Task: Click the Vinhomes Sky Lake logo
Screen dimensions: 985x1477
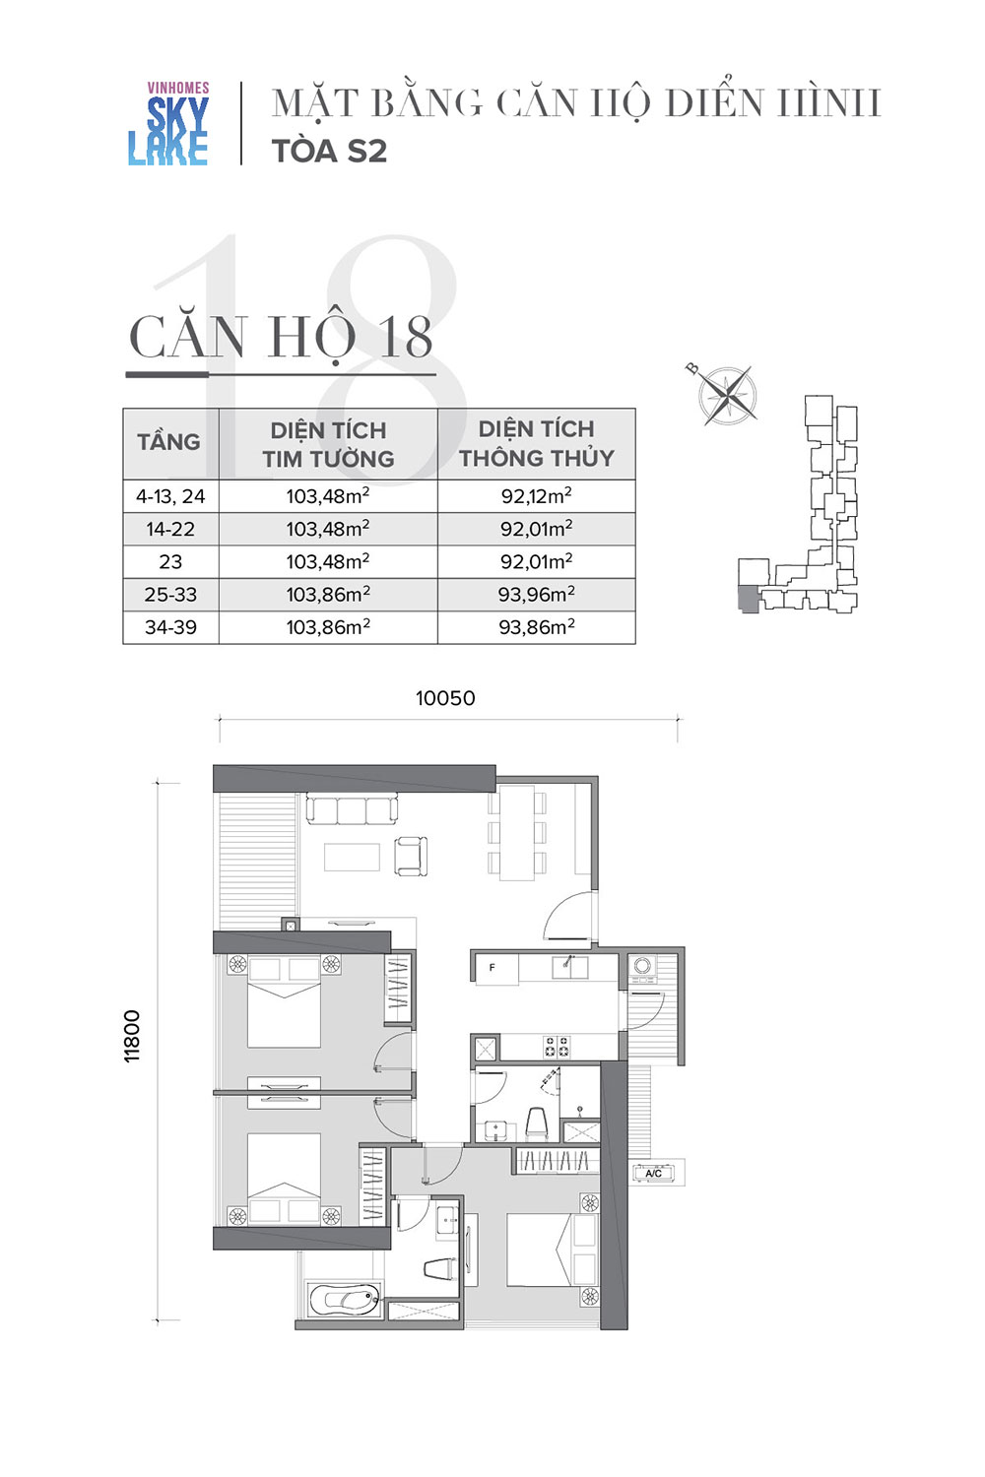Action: point(168,123)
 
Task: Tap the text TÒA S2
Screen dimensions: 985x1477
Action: point(329,152)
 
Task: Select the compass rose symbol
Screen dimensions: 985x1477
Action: point(726,394)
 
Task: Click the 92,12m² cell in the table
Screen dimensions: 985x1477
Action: point(537,496)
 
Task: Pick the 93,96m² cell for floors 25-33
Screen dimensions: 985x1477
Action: point(537,595)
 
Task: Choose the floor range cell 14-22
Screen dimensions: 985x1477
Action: point(170,529)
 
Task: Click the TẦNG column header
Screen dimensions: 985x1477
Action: point(168,442)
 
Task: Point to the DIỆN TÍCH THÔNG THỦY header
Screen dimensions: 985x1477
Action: point(537,443)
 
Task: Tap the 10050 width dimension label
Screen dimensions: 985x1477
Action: point(445,698)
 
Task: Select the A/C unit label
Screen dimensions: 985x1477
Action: point(653,1174)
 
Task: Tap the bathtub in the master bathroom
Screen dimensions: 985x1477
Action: point(344,1299)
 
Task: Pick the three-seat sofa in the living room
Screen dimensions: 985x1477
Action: point(352,809)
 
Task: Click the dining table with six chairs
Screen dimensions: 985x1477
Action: point(516,833)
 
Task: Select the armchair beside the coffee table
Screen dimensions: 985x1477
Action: point(411,856)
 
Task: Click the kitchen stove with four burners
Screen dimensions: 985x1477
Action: point(557,1047)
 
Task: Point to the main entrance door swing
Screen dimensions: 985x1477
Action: point(569,915)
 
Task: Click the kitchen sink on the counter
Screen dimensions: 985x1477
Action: point(569,967)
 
